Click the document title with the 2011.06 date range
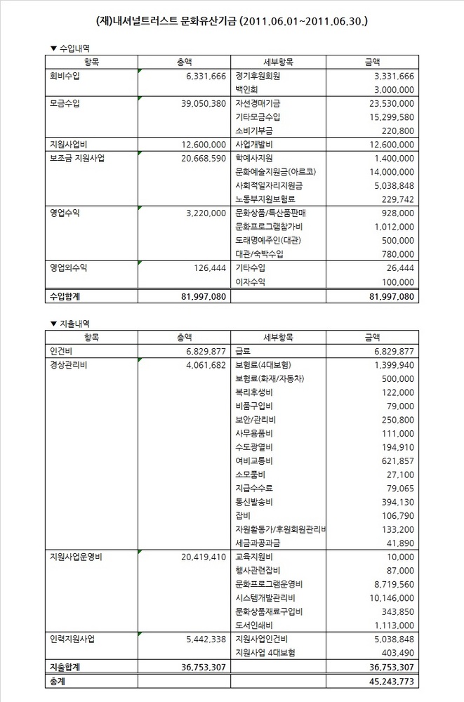(x=232, y=22)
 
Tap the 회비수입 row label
(x=65, y=76)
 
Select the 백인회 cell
(x=248, y=89)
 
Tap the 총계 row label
(x=56, y=681)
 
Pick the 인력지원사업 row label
(x=73, y=640)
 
